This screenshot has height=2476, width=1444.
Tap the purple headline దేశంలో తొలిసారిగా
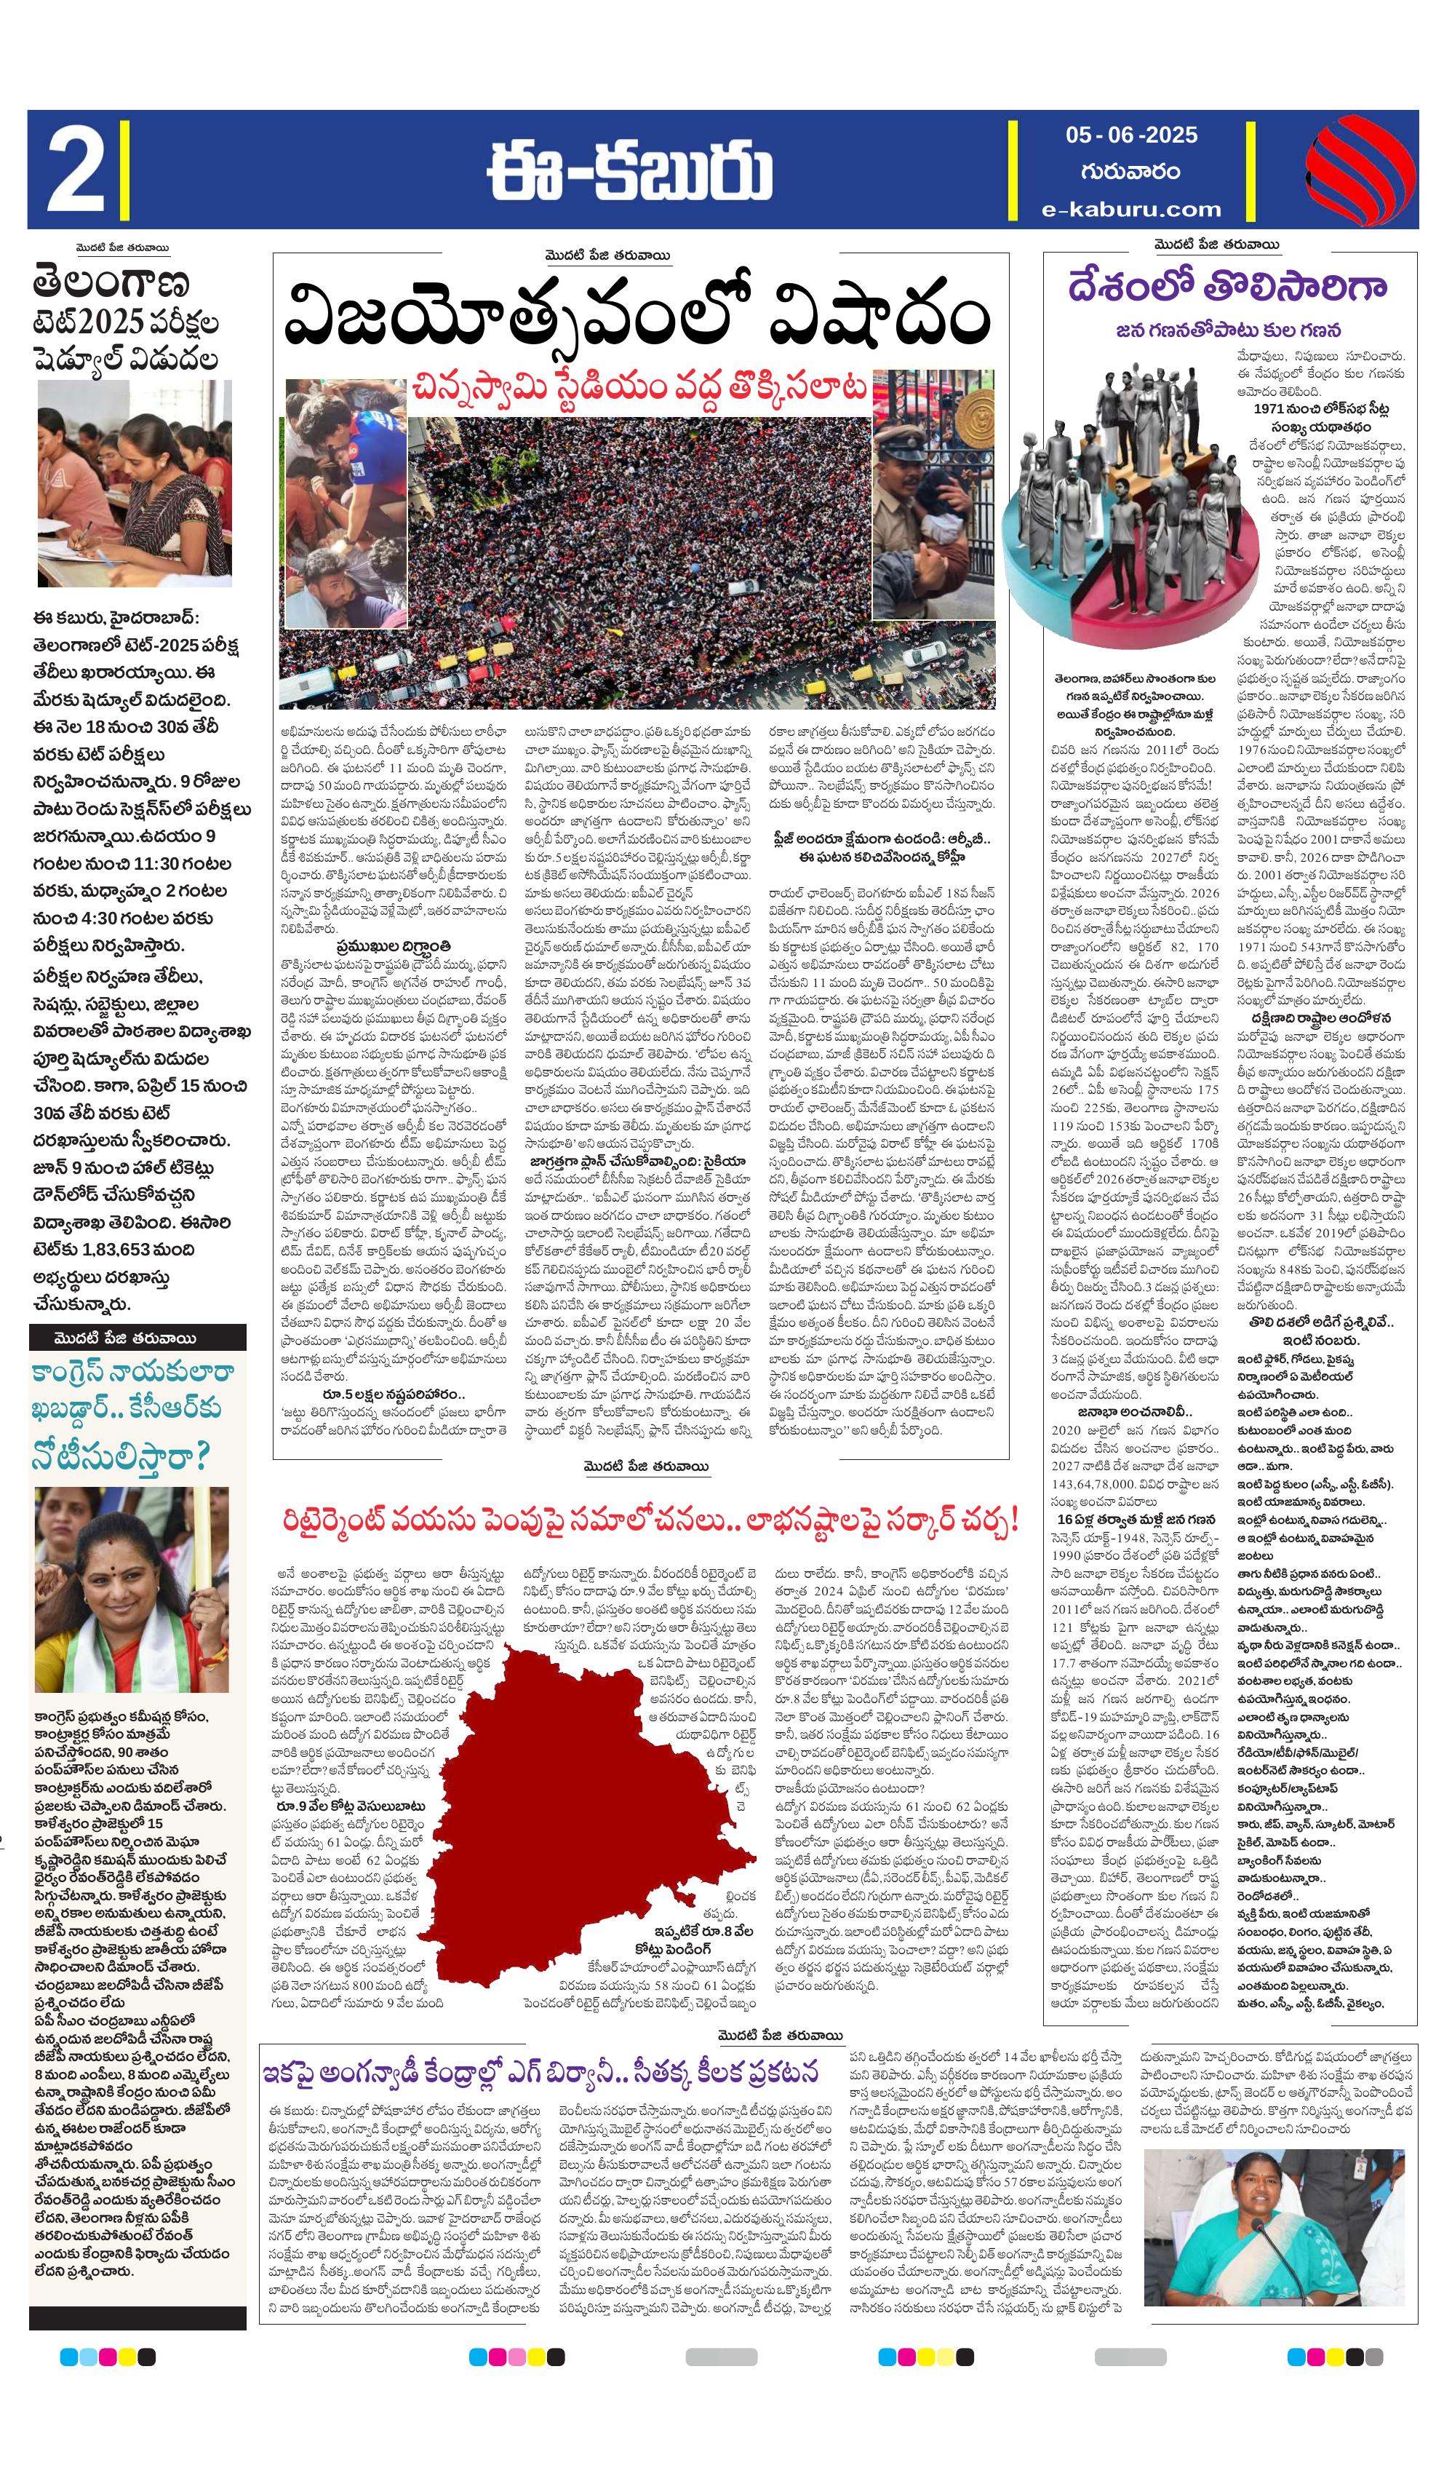click(1228, 286)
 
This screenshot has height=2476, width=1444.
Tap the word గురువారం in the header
click(1130, 171)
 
